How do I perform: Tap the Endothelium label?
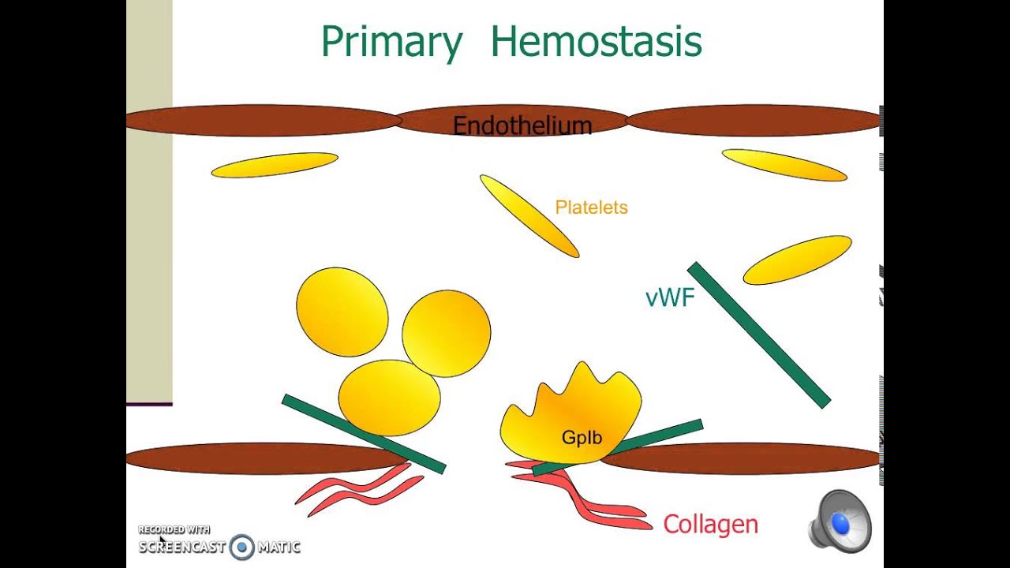[x=522, y=125]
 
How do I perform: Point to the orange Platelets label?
[x=591, y=207]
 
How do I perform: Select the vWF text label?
[x=669, y=297]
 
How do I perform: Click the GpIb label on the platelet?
[x=582, y=437]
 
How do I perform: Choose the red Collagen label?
[x=710, y=525]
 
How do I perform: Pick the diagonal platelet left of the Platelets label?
[x=529, y=215]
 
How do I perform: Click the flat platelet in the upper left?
[x=275, y=164]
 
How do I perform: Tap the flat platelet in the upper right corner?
[x=784, y=165]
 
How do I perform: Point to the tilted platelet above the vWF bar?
[x=797, y=260]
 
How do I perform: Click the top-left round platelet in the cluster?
[x=342, y=312]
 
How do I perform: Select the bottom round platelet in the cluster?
[x=389, y=397]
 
